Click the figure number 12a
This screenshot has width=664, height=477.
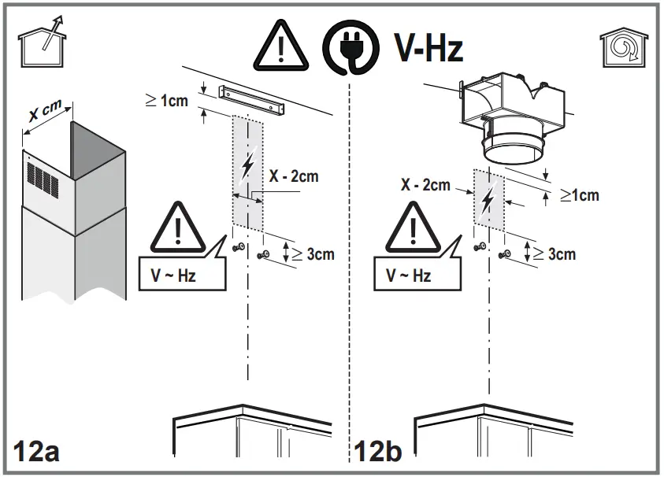pos(35,452)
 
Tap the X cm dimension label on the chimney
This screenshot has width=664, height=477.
pos(45,113)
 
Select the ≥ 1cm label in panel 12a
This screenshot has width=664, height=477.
pos(167,101)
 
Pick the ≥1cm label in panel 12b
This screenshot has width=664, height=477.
pos(579,195)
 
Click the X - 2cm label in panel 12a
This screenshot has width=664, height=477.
pos(294,176)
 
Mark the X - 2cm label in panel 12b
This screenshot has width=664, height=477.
pos(425,186)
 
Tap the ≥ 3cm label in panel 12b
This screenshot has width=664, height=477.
pos(555,253)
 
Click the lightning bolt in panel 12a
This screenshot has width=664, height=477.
pos(247,166)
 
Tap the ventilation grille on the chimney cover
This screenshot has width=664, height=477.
pos(44,179)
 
